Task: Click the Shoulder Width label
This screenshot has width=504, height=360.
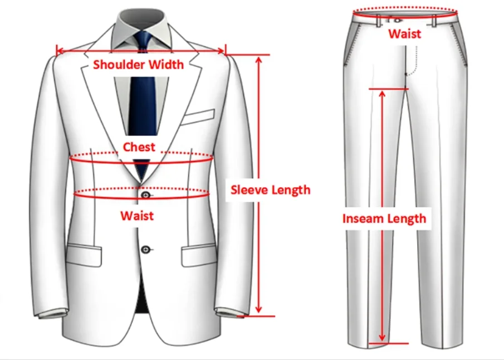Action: pos(138,64)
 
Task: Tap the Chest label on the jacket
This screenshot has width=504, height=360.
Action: pos(139,147)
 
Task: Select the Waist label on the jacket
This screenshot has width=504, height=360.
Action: pos(137,215)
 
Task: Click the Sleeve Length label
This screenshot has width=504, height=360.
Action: pos(271,189)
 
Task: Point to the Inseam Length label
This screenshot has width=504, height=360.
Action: pos(384,218)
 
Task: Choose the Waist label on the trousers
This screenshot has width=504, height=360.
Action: pos(405,33)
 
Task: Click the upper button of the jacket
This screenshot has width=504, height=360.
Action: pos(146,195)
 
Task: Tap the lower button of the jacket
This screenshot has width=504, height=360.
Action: pos(146,249)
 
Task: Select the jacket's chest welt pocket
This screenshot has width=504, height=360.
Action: pos(199,116)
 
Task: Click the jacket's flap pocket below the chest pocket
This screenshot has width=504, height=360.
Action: pos(198,256)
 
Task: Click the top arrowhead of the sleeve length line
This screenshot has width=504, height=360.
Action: pos(258,59)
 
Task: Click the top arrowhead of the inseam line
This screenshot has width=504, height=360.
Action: pos(382,93)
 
